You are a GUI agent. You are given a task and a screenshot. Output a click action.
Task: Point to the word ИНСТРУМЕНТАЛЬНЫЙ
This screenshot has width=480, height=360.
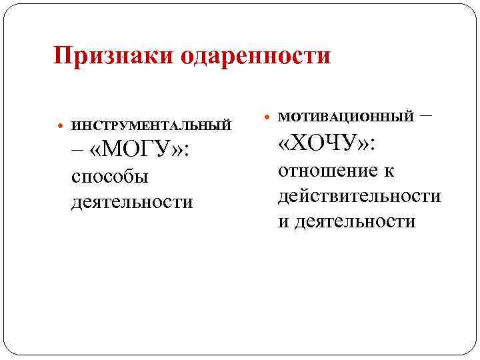[x=151, y=125]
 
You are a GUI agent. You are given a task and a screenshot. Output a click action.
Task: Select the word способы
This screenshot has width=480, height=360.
[x=109, y=177]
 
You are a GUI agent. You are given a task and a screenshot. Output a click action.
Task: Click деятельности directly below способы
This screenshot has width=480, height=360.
[x=131, y=201]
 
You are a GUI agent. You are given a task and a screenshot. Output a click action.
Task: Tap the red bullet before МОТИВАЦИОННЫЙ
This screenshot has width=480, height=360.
[x=268, y=117]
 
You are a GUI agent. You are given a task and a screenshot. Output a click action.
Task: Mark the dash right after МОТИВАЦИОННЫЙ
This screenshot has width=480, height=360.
[x=426, y=115]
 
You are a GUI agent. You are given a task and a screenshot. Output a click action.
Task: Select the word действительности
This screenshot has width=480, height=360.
[x=359, y=196]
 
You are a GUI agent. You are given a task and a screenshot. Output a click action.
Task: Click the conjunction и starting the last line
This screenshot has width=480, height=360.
[x=283, y=221]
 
